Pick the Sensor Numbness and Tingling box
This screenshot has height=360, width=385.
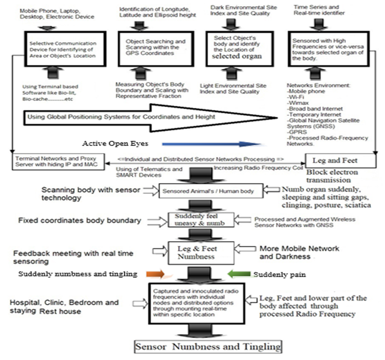click(208, 346)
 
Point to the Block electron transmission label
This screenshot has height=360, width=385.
click(332, 176)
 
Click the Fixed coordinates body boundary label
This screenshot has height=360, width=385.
click(79, 220)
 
